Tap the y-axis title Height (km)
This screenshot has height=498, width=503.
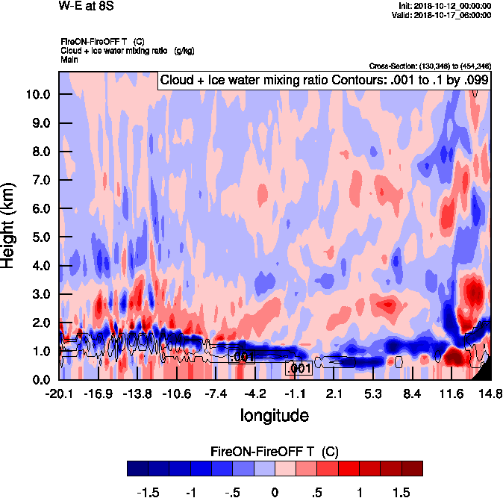(10, 225)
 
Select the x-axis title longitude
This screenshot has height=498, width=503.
(274, 414)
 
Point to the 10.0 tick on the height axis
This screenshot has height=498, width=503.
(37, 94)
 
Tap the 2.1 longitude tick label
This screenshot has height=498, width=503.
(334, 393)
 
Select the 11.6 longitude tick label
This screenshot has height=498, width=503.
(452, 393)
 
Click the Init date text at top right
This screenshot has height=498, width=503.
(445, 6)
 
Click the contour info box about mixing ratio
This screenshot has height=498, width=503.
(324, 80)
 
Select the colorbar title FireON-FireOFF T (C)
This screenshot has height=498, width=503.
(275, 452)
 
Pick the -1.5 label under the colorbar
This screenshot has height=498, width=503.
(151, 492)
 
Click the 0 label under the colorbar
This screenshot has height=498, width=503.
(275, 492)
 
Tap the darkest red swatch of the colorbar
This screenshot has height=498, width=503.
(412, 468)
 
